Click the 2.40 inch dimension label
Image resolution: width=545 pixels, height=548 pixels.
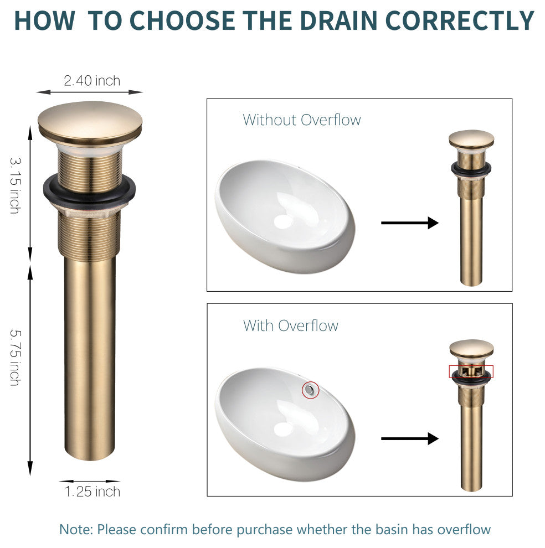[x=92, y=81]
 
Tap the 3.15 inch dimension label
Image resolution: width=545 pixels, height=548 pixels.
[x=15, y=185]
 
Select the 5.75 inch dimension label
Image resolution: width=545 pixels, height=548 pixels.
[x=15, y=357]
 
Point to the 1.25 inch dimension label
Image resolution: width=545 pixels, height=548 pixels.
[x=92, y=492]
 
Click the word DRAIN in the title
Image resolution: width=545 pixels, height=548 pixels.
[x=339, y=20]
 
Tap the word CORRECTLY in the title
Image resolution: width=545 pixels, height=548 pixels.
[x=460, y=20]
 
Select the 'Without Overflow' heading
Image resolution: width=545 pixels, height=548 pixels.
[x=302, y=120]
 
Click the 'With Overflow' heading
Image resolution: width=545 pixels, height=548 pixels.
[x=291, y=325]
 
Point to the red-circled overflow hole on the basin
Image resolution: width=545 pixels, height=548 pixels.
[x=310, y=390]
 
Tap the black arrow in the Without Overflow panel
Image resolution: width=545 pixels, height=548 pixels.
[x=410, y=223]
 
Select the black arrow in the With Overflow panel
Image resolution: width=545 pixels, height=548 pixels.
[x=410, y=438]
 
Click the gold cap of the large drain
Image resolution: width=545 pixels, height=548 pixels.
[x=90, y=122]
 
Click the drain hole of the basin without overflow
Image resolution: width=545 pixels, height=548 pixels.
[x=282, y=222]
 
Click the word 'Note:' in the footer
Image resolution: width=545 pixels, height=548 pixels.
[x=76, y=529]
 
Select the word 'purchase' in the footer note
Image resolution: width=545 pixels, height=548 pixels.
[x=264, y=530]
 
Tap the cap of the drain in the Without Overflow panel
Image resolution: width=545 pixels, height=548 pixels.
[x=471, y=139]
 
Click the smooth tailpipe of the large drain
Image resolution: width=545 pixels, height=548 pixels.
[x=90, y=356]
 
